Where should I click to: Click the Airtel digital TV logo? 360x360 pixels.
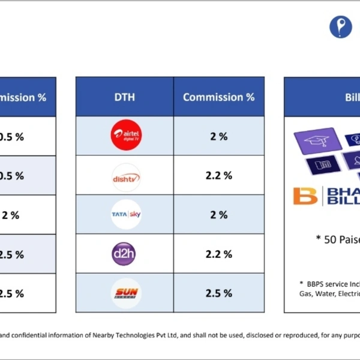pos(126,136)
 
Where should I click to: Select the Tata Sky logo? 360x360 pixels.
pos(126,215)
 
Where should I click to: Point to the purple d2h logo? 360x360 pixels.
pos(124,254)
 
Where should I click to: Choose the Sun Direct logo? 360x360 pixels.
pos(126,293)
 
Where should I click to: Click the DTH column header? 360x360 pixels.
pos(125,97)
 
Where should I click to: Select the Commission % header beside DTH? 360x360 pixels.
pos(218,97)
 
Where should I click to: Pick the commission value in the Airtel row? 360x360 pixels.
pos(218,136)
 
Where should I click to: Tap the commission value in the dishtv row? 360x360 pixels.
pos(218,176)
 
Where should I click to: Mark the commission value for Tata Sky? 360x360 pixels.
pos(218,215)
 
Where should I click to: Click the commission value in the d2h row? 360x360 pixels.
pos(218,254)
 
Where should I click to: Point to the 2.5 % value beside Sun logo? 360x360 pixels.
pos(218,293)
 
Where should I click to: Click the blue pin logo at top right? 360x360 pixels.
pos(340,27)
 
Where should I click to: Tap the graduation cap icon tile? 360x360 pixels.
pos(317,141)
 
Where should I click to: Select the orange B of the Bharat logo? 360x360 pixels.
pos(305,196)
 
